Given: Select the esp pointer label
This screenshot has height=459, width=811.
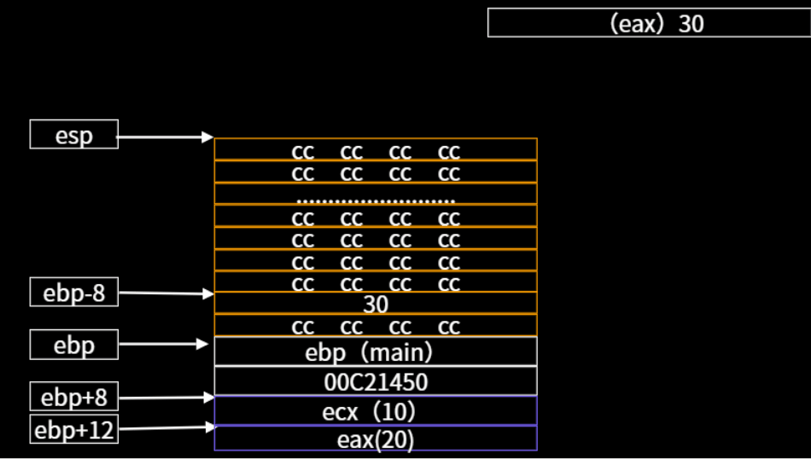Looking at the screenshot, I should pos(74,135).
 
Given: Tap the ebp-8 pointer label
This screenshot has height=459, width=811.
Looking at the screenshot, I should pos(74,293).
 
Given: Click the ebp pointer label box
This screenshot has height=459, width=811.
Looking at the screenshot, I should pos(74,346).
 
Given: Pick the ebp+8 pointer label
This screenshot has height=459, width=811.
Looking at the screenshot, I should pos(74,397).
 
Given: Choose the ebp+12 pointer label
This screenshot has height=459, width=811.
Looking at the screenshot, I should pos(74,430).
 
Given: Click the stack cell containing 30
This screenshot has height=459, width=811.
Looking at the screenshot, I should pos(376,304).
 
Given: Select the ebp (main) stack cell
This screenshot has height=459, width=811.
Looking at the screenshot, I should pos(376,352).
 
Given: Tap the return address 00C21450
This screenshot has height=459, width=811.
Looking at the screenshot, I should pos(376,382).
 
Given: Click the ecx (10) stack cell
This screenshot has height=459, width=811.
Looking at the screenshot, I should pos(376,411).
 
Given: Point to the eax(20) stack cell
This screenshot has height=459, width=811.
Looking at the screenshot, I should pos(376,439).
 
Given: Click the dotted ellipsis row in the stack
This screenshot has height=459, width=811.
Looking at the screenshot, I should pos(376,195).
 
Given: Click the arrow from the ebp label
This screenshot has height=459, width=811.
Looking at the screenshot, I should pos(162,345).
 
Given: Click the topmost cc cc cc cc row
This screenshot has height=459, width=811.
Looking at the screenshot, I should pos(376,151).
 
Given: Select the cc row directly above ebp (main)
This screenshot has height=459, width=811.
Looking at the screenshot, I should pos(376,326).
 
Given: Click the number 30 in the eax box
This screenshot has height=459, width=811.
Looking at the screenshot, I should pos(691,23).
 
